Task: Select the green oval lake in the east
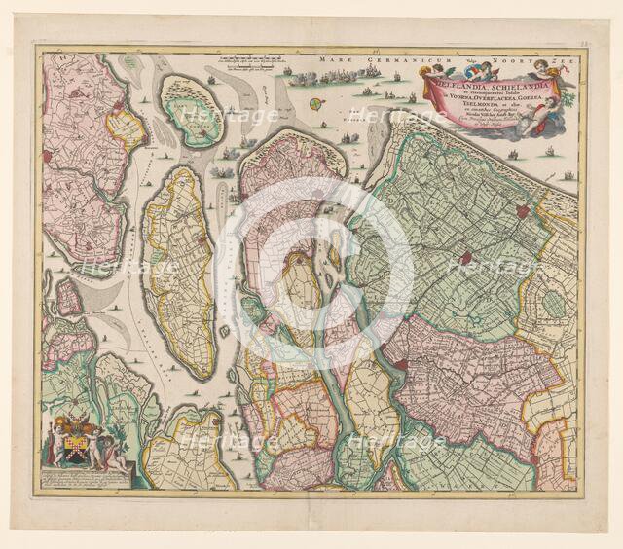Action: click(x=553, y=304)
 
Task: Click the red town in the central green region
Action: click(x=467, y=259)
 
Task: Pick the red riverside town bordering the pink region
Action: click(x=400, y=365)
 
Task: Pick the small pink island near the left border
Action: click(x=67, y=297)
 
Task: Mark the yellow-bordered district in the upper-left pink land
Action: click(x=125, y=127)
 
